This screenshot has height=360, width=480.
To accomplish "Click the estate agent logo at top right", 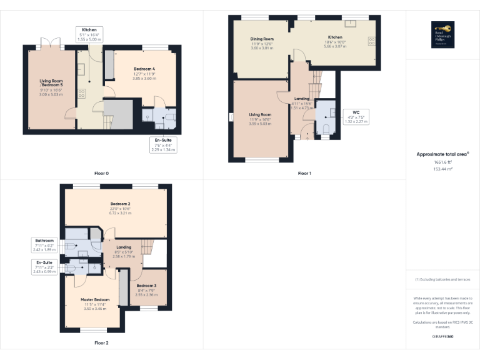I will (442, 33).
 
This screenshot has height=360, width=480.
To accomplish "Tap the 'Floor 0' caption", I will (101, 172).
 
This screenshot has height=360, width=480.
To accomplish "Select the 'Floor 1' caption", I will (304, 172).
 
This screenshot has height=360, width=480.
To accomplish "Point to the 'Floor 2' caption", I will (101, 342).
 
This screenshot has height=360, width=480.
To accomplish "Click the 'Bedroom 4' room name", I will (144, 68).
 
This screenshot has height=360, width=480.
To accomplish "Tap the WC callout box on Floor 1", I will (356, 117).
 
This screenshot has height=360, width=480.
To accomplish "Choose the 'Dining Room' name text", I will (262, 39).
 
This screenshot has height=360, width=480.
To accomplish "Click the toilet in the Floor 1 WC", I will (326, 128).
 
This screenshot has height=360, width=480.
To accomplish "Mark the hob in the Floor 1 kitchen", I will (372, 42).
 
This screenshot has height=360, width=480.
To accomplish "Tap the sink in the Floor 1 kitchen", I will (351, 24).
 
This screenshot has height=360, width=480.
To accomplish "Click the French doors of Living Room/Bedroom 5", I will (51, 44).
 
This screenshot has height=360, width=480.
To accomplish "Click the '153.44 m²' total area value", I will (442, 169).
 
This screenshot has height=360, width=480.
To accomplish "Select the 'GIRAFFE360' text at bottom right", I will (442, 337).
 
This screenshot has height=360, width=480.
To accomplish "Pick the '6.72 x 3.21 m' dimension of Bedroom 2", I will (121, 213).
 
